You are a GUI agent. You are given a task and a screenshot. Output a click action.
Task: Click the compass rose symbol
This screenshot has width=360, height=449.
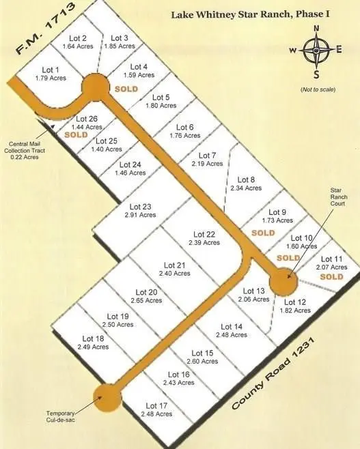pyautogui.click(x=316, y=50)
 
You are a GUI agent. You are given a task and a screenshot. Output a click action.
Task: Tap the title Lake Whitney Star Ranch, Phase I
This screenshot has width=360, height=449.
pyautogui.click(x=260, y=13)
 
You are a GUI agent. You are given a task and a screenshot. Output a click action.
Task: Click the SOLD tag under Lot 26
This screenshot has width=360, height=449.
pyautogui.click(x=77, y=135)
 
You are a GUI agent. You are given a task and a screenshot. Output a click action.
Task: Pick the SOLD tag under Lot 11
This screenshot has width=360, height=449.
pyautogui.click(x=331, y=277)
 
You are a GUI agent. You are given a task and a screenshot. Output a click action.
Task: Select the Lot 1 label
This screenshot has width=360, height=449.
pyautogui.click(x=50, y=70)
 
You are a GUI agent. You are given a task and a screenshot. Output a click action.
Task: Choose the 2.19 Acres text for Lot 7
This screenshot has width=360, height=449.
pyautogui.click(x=208, y=164)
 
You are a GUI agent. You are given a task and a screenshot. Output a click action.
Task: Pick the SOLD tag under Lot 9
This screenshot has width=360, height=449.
pyautogui.click(x=263, y=233)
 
